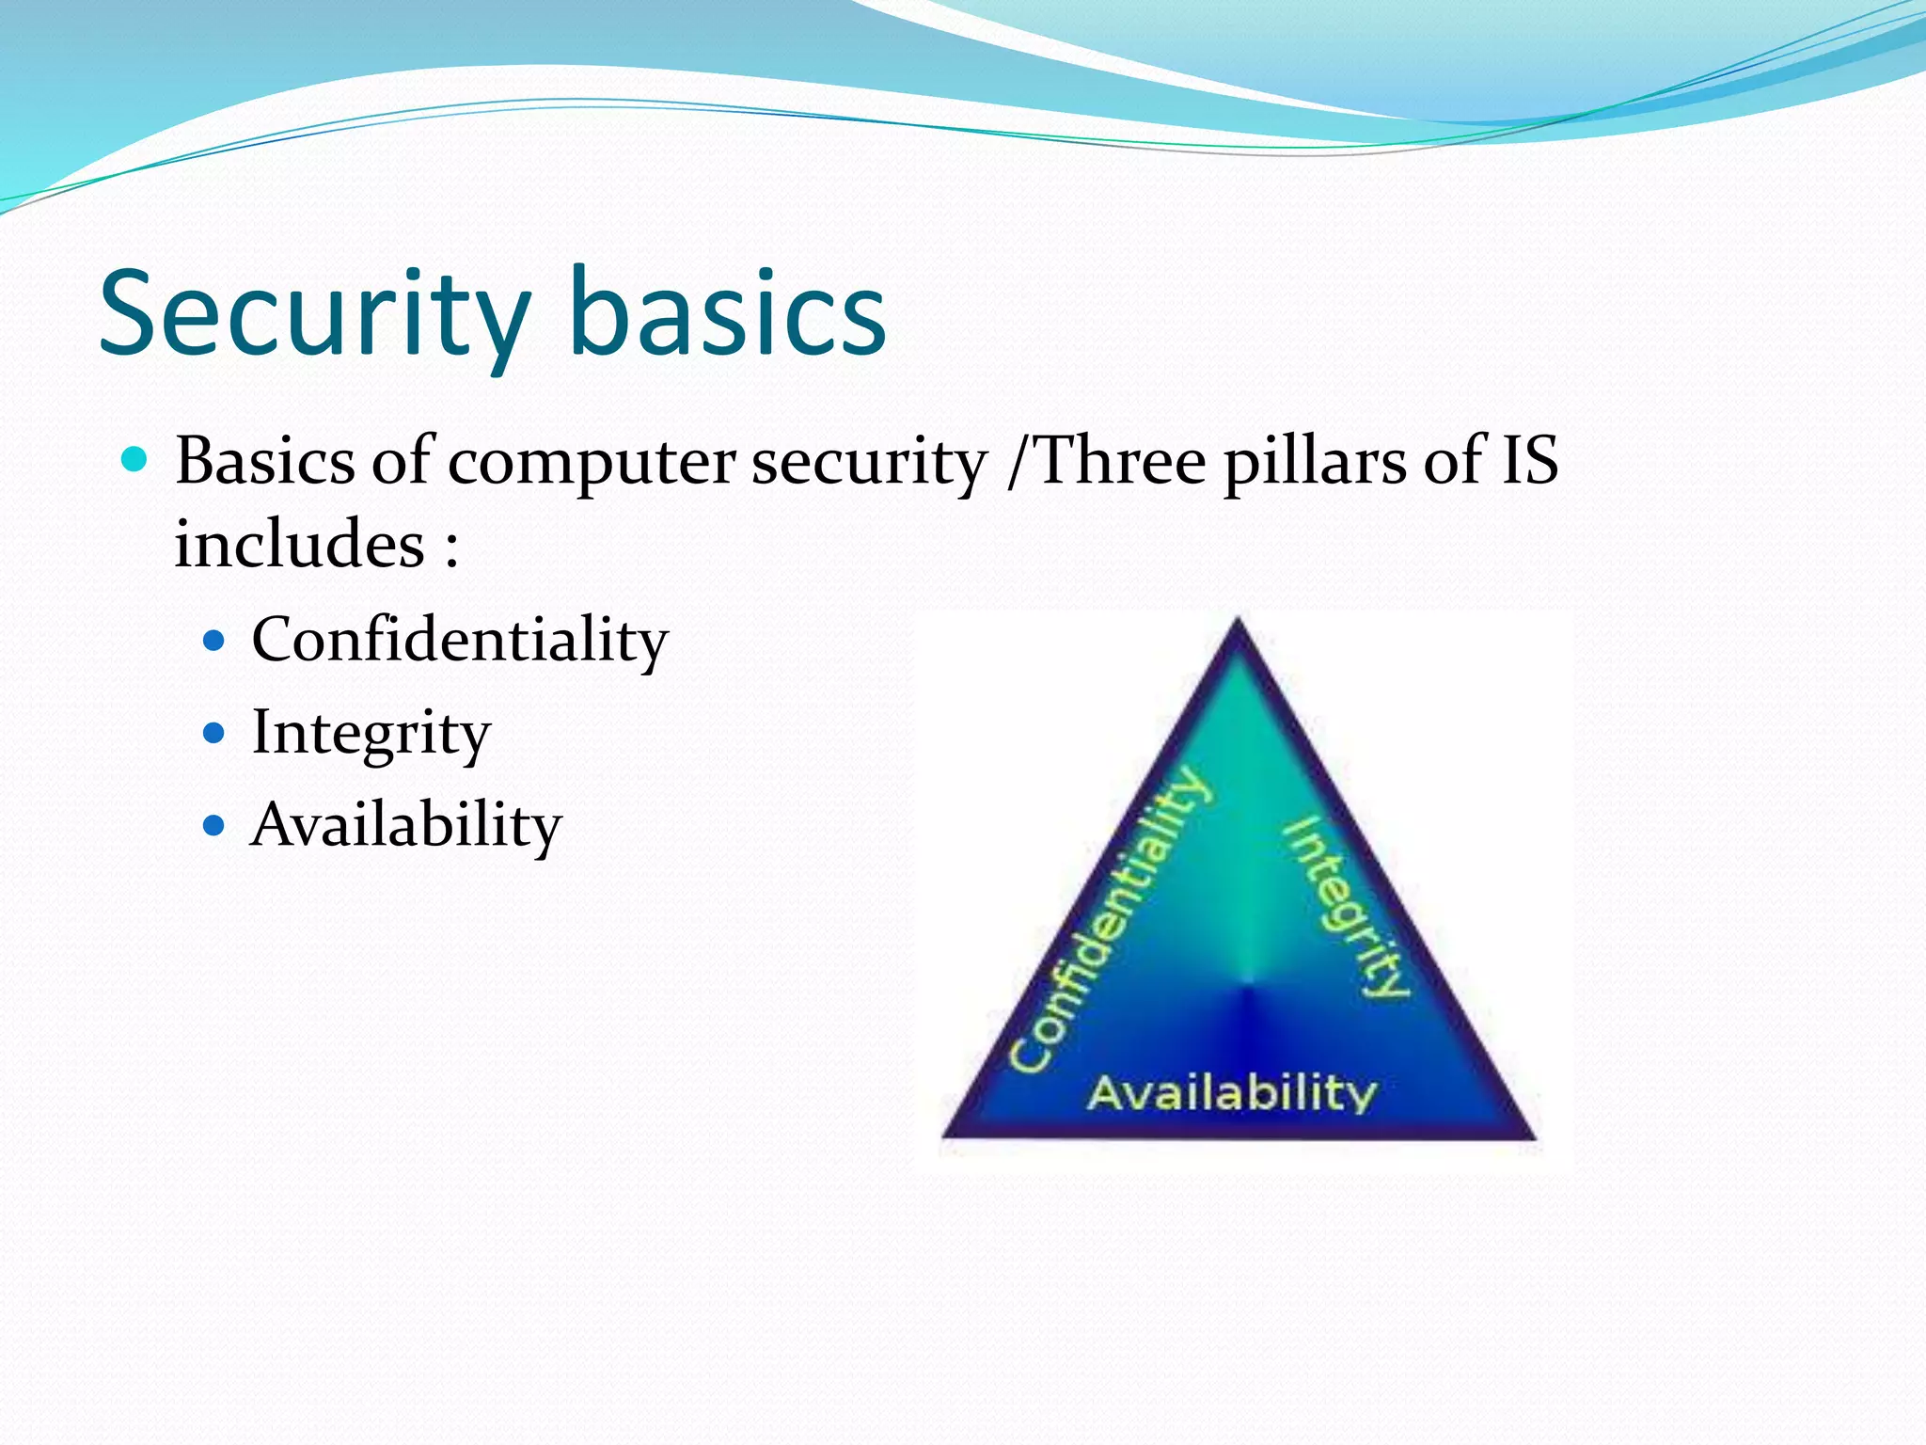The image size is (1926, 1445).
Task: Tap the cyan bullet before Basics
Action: tap(135, 460)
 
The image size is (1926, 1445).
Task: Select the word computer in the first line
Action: tap(591, 463)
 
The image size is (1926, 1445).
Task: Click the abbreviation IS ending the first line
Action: tap(1528, 461)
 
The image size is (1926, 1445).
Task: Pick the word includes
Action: tap(299, 545)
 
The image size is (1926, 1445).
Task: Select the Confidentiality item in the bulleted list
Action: tap(459, 641)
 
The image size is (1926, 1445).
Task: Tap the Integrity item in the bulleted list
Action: tap(371, 734)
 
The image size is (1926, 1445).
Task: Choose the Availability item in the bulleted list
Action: tap(405, 825)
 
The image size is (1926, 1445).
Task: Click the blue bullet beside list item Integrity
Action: tap(214, 733)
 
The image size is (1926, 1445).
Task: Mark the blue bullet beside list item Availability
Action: tap(214, 826)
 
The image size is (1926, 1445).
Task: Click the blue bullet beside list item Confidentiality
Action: tap(214, 641)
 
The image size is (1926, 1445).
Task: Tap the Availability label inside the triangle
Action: tap(1232, 1094)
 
